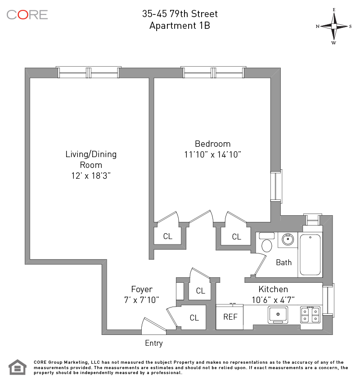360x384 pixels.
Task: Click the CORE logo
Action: [x=27, y=14]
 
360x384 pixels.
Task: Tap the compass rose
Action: [x=334, y=26]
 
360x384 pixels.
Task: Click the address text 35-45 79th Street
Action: [x=180, y=14]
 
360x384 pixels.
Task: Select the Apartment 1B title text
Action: [x=180, y=26]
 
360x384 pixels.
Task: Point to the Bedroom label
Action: [x=212, y=144]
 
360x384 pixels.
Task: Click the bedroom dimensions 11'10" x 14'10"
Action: [x=212, y=155]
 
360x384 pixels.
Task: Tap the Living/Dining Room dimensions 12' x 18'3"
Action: [x=91, y=176]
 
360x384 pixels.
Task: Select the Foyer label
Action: [x=142, y=289]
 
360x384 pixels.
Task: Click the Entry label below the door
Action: [x=153, y=343]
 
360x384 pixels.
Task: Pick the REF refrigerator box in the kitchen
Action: [x=230, y=316]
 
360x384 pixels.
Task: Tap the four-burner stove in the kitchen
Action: [x=310, y=314]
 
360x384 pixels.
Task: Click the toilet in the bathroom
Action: [x=267, y=245]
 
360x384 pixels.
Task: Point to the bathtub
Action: [x=310, y=254]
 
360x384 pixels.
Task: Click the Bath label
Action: [x=283, y=262]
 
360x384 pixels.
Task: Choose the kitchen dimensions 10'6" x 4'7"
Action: [x=273, y=299]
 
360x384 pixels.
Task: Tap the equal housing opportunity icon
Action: [x=18, y=367]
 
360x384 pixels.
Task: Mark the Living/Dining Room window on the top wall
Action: [x=89, y=72]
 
